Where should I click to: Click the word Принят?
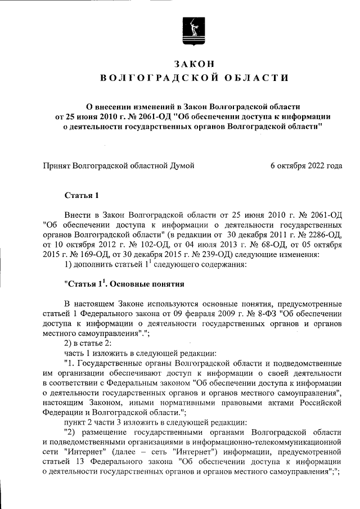58,165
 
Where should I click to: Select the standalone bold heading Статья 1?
82,196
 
